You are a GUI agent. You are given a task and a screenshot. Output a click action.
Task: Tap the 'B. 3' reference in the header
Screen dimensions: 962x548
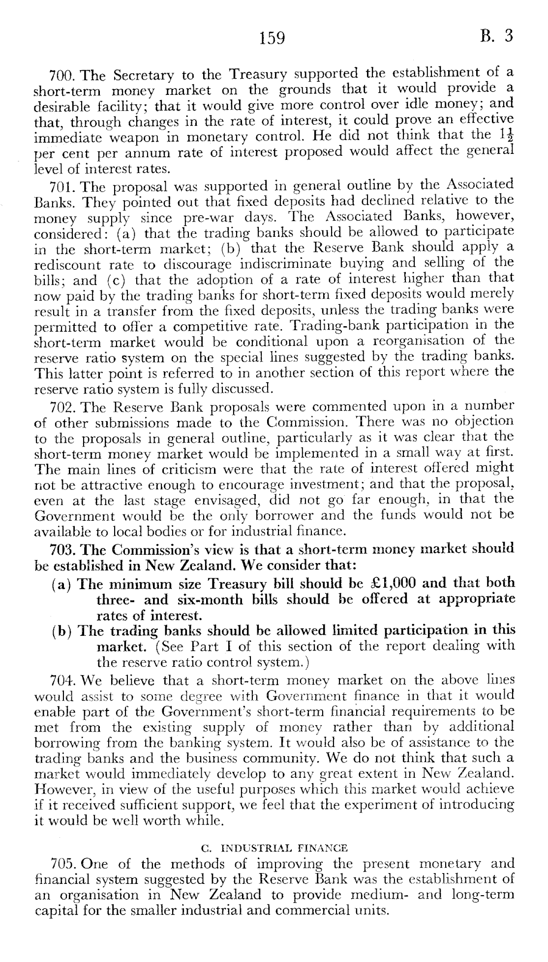tap(497, 36)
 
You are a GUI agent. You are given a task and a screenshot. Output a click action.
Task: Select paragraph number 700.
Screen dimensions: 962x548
tap(62, 76)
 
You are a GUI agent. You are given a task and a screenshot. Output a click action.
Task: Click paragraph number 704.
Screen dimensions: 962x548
tap(62, 681)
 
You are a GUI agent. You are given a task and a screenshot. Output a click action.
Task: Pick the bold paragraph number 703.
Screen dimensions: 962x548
tap(62, 548)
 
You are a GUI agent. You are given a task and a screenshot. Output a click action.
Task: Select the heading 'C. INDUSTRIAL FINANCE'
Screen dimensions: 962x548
tap(274, 848)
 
